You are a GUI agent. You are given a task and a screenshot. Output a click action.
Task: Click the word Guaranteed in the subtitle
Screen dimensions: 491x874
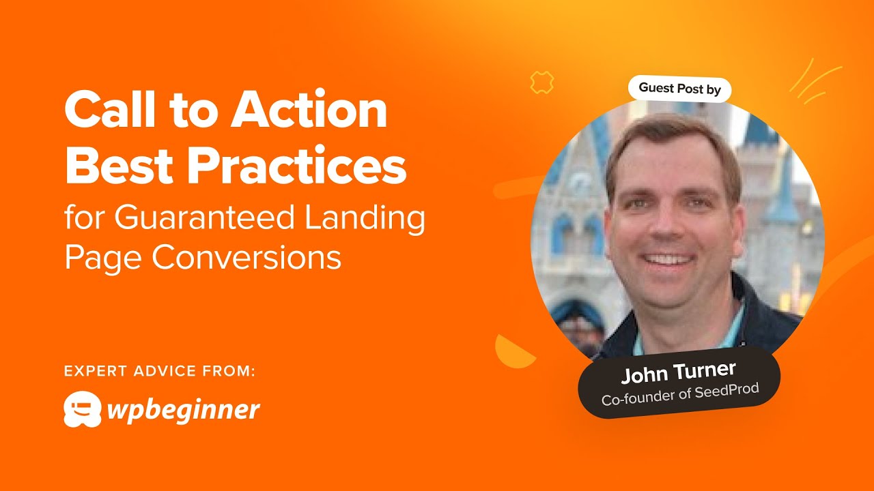coord(204,218)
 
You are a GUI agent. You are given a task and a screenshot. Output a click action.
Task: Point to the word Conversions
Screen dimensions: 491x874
coord(246,258)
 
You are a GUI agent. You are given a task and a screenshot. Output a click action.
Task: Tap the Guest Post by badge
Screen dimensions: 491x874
coord(679,88)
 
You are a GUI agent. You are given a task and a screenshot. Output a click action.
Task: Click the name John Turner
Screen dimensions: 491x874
coord(678,372)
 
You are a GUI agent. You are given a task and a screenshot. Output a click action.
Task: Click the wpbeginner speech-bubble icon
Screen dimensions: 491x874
coord(82,409)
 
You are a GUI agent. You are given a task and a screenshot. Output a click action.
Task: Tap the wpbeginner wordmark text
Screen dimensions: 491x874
coord(183,410)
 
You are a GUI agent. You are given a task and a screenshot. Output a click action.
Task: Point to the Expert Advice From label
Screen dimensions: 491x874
coord(160,371)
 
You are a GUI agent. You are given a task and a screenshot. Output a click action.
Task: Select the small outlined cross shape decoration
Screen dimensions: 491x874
coord(541,83)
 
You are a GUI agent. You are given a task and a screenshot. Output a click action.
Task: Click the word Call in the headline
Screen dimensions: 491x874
coord(107,111)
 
